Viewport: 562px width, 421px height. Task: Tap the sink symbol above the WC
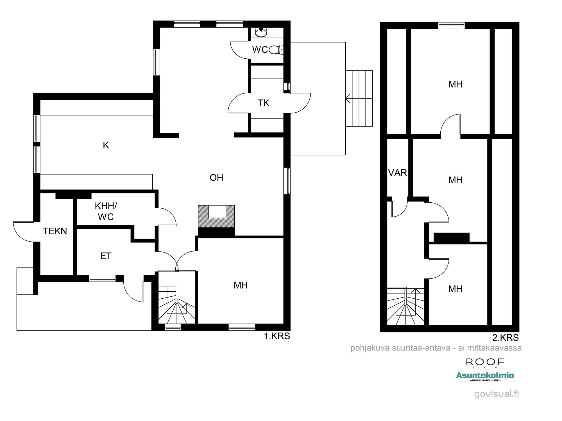[261, 32]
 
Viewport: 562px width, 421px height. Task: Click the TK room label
[264, 103]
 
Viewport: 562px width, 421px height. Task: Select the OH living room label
[216, 178]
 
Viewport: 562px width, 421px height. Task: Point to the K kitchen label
[106, 145]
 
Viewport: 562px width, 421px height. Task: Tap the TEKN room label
[55, 231]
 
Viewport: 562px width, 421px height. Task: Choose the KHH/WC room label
[106, 211]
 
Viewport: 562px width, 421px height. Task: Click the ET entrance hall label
[106, 256]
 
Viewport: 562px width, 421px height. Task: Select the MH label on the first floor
[241, 285]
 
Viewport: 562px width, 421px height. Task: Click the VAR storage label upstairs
[397, 173]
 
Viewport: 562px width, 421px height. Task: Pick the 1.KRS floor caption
[277, 336]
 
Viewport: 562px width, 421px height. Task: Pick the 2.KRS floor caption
[505, 337]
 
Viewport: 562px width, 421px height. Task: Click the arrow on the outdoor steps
[348, 99]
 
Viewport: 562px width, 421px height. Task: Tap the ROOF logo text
[485, 362]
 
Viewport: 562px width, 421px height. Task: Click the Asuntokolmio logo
[485, 376]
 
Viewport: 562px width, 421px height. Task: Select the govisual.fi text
[496, 394]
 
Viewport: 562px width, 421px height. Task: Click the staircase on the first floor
[176, 306]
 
